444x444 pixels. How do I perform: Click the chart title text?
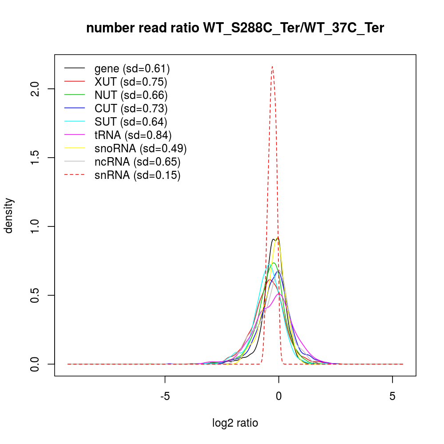tap(235, 28)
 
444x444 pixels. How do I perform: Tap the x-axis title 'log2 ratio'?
tap(235, 423)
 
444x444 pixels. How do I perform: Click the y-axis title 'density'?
tap(8, 215)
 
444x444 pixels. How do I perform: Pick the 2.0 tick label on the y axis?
tap(38, 89)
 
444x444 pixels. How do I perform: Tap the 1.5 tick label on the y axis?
tap(38, 158)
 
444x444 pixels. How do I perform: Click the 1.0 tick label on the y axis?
tap(38, 226)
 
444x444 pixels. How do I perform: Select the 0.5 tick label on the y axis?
tap(38, 295)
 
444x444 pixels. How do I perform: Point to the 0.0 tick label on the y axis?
tap(38, 364)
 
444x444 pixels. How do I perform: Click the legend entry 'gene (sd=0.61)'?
tap(132, 68)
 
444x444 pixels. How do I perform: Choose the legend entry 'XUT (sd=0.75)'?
tap(131, 82)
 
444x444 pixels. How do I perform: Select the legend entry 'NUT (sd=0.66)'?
tap(131, 95)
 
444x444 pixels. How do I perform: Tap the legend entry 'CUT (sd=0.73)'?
tap(131, 108)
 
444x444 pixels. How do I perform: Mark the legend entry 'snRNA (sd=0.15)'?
tap(137, 175)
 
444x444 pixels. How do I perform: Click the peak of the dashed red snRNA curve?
tap(272, 67)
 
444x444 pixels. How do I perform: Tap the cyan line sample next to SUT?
tap(75, 122)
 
